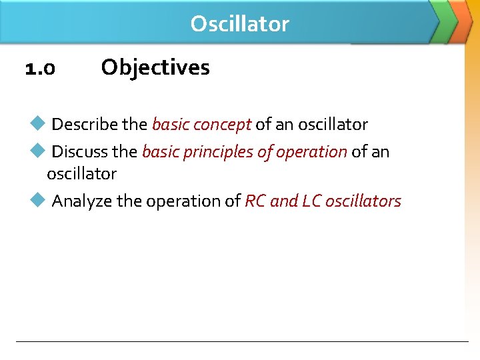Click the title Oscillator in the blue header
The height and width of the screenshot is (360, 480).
239,24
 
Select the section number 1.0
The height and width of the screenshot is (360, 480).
40,68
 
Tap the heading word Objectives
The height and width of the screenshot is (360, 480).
155,67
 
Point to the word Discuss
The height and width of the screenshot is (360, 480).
81,152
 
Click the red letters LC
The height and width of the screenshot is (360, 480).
311,201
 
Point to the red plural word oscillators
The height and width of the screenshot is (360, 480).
363,201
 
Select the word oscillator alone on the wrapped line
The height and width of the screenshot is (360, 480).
81,174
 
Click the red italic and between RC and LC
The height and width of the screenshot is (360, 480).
284,201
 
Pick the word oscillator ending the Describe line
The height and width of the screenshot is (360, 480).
333,125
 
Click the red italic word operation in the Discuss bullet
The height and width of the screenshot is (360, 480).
311,152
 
